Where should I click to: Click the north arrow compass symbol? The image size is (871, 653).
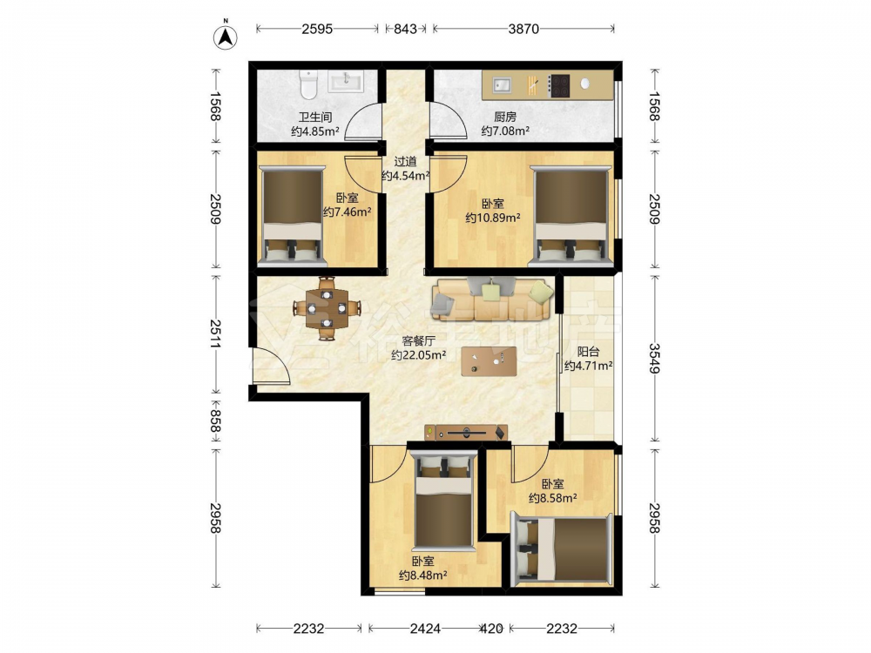[226, 37]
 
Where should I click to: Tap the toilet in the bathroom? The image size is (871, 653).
[307, 83]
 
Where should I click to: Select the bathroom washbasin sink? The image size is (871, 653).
[345, 81]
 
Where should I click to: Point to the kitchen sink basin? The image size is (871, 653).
[503, 85]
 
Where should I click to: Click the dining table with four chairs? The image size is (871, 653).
[327, 308]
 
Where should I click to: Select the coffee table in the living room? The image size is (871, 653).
[489, 361]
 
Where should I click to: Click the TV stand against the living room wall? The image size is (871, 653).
[467, 432]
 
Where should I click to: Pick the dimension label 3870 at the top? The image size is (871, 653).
[523, 29]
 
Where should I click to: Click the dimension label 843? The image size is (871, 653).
[406, 29]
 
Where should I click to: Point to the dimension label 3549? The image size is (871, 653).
[655, 358]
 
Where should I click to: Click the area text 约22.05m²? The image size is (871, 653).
[418, 355]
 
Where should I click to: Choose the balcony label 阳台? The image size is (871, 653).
[588, 352]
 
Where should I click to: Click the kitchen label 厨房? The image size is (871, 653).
[505, 118]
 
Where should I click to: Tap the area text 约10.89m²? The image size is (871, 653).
[493, 218]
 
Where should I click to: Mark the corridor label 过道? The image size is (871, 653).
[405, 162]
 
